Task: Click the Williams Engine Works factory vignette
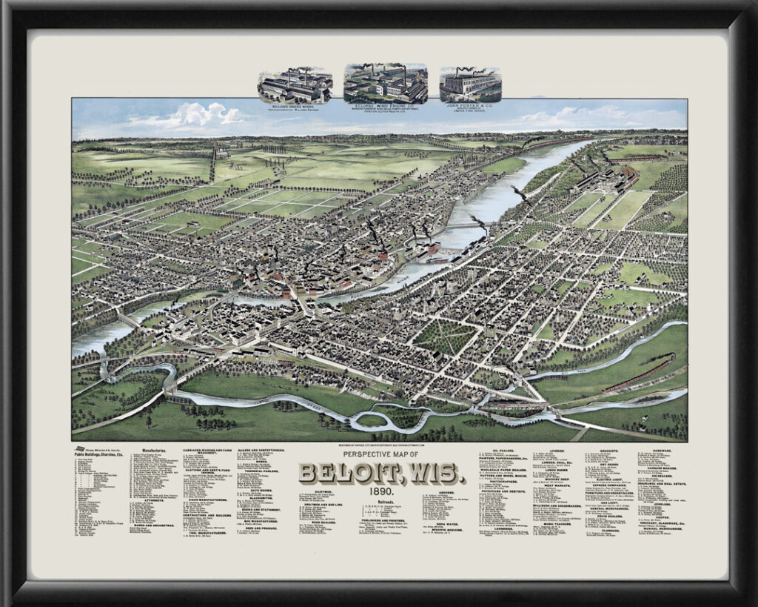(x=295, y=86)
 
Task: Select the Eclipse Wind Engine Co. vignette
(x=385, y=83)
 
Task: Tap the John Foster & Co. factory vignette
(x=470, y=84)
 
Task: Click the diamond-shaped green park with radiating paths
(x=445, y=336)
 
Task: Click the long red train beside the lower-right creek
(x=637, y=377)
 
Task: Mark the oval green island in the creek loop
(x=371, y=420)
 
